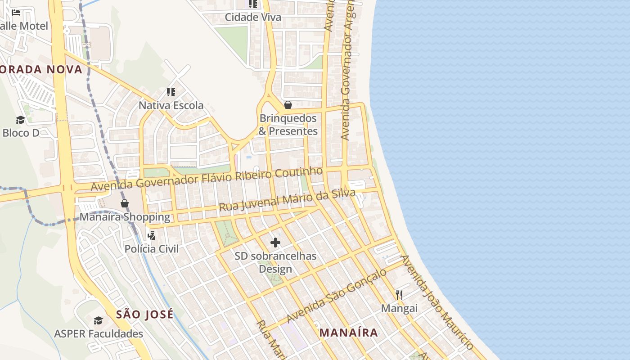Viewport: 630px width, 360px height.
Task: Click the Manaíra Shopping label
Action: (x=125, y=217)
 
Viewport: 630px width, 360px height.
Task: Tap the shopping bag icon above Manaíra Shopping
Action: (x=125, y=203)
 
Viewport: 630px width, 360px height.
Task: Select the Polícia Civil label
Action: (x=152, y=249)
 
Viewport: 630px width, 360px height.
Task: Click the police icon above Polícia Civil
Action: (x=152, y=235)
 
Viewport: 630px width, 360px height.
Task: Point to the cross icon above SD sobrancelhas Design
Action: (x=275, y=243)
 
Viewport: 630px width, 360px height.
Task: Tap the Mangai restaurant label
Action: (x=399, y=309)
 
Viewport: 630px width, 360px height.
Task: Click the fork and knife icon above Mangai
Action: (x=399, y=295)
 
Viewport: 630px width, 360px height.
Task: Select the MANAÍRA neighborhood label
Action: (x=349, y=333)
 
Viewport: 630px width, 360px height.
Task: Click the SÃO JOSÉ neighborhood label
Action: (x=144, y=315)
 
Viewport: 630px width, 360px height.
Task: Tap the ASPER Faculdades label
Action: (x=99, y=334)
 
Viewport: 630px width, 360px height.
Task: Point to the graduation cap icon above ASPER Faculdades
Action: (x=98, y=320)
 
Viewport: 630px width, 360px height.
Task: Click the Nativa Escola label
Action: (x=171, y=106)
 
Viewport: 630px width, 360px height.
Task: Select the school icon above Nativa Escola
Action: (x=171, y=92)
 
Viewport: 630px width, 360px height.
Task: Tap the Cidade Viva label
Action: (x=253, y=18)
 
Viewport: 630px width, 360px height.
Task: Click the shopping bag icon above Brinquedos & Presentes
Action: (x=288, y=105)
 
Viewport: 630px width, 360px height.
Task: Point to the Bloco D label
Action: (x=21, y=133)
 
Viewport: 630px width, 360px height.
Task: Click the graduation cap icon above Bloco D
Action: (x=21, y=120)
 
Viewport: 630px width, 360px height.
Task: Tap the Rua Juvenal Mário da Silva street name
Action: (x=287, y=200)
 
